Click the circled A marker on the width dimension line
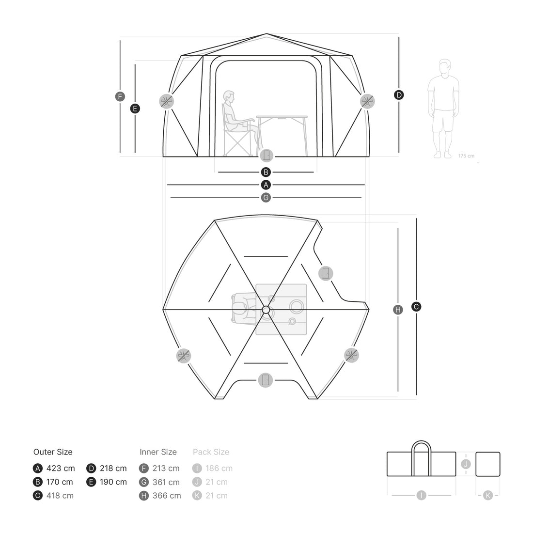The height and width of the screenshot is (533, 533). [266, 185]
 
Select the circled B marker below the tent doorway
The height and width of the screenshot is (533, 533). [266, 172]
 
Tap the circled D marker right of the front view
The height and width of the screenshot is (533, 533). [399, 95]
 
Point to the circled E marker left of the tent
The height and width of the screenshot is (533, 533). [135, 109]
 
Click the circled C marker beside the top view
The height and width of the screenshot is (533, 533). [416, 307]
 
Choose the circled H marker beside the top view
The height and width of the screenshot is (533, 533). [398, 310]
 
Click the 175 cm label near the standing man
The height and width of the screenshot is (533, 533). [466, 156]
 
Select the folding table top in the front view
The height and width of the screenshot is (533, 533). [282, 117]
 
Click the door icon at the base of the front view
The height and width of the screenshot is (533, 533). [266, 156]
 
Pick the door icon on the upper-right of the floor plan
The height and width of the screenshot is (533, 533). [326, 273]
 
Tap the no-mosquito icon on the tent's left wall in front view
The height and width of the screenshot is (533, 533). [166, 101]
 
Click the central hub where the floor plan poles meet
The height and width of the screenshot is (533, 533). [266, 309]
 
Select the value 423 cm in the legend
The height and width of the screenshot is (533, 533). [61, 469]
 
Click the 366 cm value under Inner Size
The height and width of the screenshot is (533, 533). [166, 496]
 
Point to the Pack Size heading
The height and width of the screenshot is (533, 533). [211, 452]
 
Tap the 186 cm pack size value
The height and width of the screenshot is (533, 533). [219, 469]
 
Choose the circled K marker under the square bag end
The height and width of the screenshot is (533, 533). [488, 495]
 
